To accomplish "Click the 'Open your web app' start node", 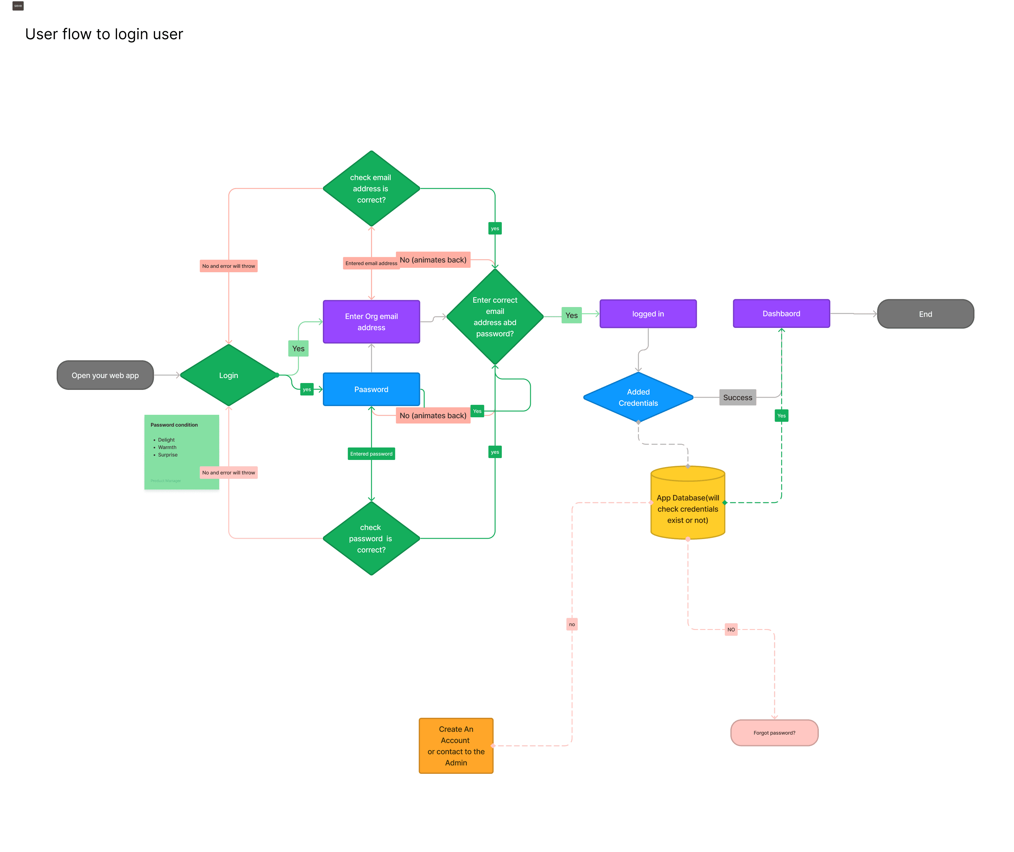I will click(x=105, y=375).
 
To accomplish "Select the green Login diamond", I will click(x=229, y=375).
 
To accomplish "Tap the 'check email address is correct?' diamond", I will click(x=371, y=188).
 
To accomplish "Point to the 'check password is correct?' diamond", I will click(x=371, y=538).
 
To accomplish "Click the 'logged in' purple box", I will click(x=648, y=314).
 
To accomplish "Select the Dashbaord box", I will click(x=781, y=314).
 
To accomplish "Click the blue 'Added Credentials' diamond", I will click(x=638, y=397).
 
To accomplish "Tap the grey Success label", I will click(x=737, y=397).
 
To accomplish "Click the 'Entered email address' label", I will click(x=371, y=263).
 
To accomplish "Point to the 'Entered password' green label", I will click(x=371, y=453).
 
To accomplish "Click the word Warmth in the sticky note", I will click(x=167, y=447).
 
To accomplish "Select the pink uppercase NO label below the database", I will click(x=731, y=629).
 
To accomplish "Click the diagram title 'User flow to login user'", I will click(x=104, y=34).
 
